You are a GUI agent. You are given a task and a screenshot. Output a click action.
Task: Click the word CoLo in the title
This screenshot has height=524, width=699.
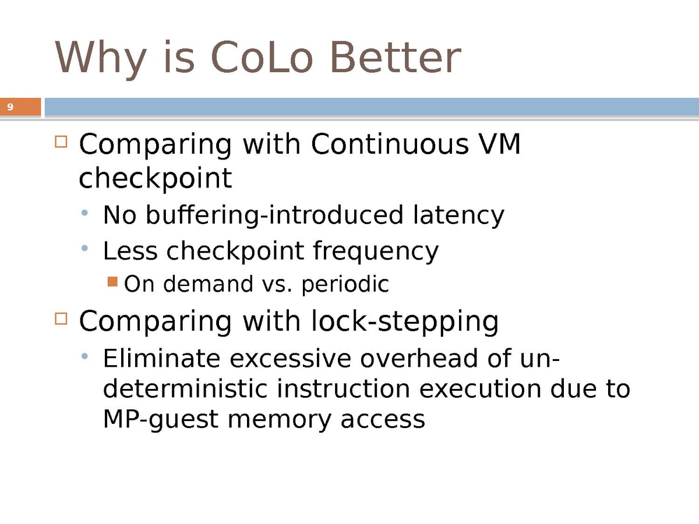[x=262, y=58]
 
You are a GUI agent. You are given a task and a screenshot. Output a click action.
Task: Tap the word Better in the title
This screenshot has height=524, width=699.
[x=396, y=58]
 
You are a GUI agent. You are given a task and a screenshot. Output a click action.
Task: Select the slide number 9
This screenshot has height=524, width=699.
[x=10, y=107]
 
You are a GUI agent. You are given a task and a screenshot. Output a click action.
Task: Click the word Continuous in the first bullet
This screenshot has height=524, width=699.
[x=390, y=144]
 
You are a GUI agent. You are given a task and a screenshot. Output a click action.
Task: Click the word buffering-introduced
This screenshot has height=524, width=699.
[x=275, y=215]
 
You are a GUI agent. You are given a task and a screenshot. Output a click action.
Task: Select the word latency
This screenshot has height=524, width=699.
[x=459, y=215]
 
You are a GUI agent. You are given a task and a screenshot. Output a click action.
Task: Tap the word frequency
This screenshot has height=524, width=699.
[x=376, y=252]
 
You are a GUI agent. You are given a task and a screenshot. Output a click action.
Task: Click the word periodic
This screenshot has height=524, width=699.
[x=345, y=284]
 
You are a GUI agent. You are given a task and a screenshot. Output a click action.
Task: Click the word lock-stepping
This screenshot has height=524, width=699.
[x=405, y=321]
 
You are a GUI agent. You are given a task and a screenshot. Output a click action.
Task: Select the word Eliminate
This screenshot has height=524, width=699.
[x=161, y=359]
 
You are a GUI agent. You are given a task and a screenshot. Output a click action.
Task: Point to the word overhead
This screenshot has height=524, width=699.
[x=419, y=359]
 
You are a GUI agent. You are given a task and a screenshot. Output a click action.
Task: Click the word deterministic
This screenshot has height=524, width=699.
[x=185, y=389]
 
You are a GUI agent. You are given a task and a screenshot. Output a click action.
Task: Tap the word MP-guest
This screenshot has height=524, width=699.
[x=161, y=420]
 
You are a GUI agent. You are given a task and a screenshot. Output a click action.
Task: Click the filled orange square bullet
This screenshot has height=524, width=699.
[x=113, y=282]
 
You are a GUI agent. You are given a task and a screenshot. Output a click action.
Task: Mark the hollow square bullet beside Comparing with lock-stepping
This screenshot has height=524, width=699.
[x=61, y=318]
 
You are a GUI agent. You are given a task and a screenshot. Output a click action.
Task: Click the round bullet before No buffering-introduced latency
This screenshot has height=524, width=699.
[x=84, y=213]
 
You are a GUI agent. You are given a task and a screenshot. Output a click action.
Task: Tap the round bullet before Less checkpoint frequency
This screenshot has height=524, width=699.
[x=84, y=248]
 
